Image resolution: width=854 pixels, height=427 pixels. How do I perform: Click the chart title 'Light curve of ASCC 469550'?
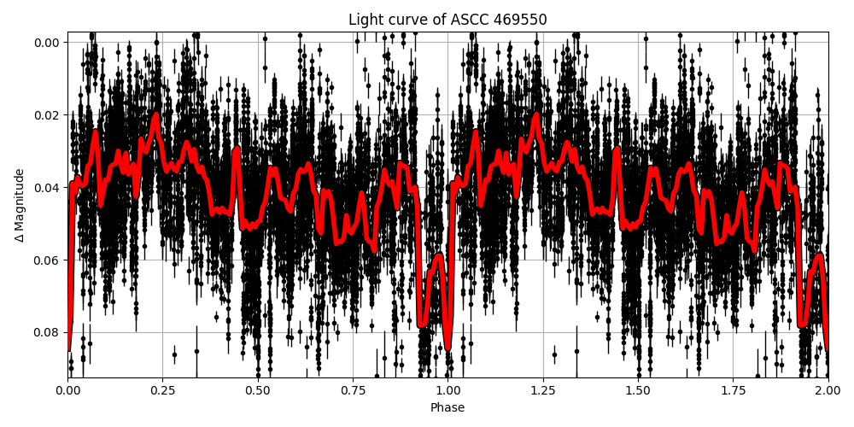pyautogui.click(x=447, y=20)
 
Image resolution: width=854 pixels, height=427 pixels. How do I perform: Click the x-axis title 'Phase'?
pyautogui.click(x=447, y=408)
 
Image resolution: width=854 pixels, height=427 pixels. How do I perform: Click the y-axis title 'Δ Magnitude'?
pyautogui.click(x=20, y=205)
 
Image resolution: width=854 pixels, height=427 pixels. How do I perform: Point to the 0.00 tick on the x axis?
pyautogui.click(x=68, y=391)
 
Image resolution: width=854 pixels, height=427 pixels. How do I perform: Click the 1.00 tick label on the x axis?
pyautogui.click(x=447, y=391)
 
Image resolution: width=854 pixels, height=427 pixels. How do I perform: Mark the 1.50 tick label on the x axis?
pyautogui.click(x=638, y=391)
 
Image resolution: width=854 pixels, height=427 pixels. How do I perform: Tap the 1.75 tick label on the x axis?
pyautogui.click(x=733, y=391)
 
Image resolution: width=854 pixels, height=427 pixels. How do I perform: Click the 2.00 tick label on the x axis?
pyautogui.click(x=827, y=391)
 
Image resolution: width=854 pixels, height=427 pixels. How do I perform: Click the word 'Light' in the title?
pyautogui.click(x=365, y=20)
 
